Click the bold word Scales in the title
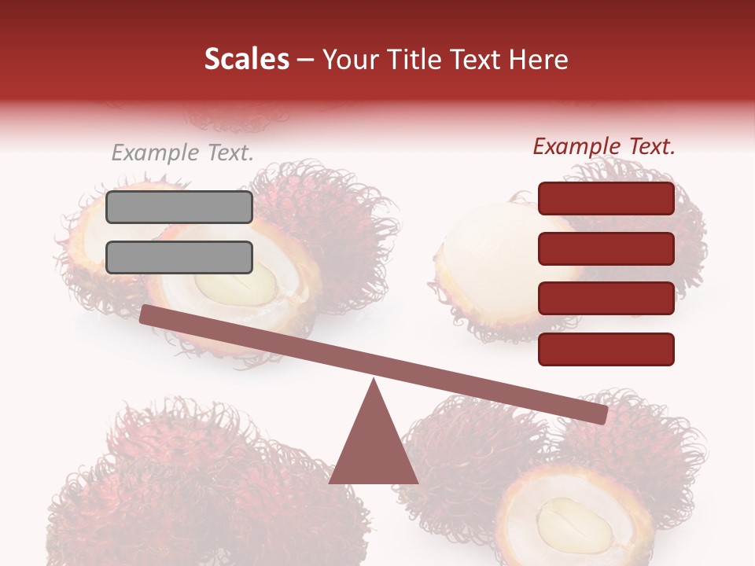coord(246,60)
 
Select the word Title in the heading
coord(415,60)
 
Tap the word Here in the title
coord(538,60)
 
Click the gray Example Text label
coord(182,153)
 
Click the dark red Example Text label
coord(604,146)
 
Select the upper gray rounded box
coord(179,207)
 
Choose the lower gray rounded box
coord(179,257)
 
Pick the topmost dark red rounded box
coord(606,199)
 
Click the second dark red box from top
coord(606,248)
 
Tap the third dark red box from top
coord(606,299)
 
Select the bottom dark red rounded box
coord(606,349)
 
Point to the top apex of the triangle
coord(374,382)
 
